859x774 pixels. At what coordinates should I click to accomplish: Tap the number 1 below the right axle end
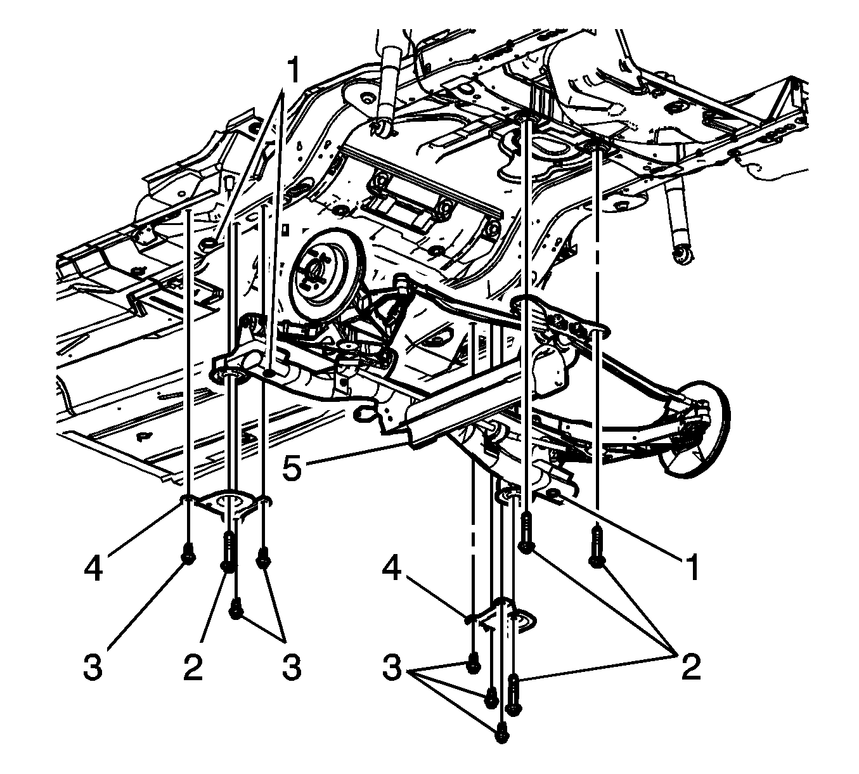(x=692, y=567)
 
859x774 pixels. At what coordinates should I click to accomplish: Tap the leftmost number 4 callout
(x=93, y=567)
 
